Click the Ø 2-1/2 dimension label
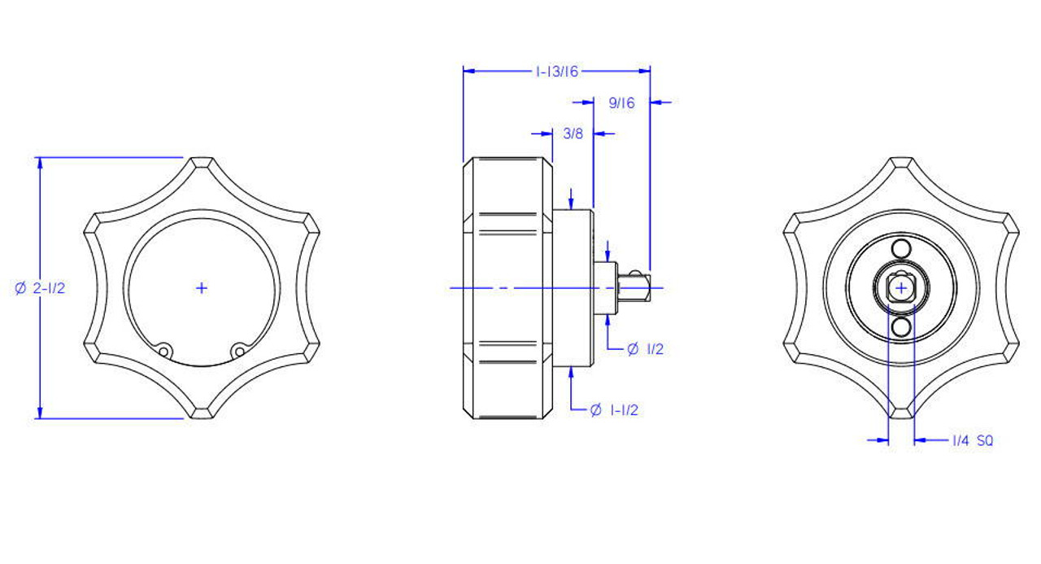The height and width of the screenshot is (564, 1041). point(40,288)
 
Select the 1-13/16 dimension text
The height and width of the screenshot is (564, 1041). point(557,72)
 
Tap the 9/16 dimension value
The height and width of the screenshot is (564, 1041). point(621,103)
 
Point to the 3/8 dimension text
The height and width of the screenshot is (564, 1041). point(573,134)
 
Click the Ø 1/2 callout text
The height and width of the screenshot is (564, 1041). point(645,348)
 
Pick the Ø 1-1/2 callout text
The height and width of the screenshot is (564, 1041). point(614,410)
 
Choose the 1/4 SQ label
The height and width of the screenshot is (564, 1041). point(973,440)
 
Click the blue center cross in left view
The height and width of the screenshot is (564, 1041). point(201,288)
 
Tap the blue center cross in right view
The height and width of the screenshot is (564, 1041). point(901,289)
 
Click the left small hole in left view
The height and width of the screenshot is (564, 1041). point(163,351)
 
